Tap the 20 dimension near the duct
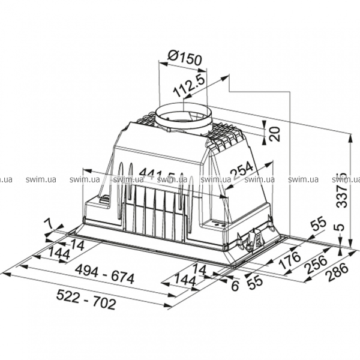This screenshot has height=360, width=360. [275, 133]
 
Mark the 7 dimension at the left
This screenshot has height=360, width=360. [51, 224]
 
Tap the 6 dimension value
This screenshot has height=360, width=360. [235, 286]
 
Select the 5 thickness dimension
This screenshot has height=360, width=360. [341, 228]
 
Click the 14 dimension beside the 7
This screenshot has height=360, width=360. [76, 244]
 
